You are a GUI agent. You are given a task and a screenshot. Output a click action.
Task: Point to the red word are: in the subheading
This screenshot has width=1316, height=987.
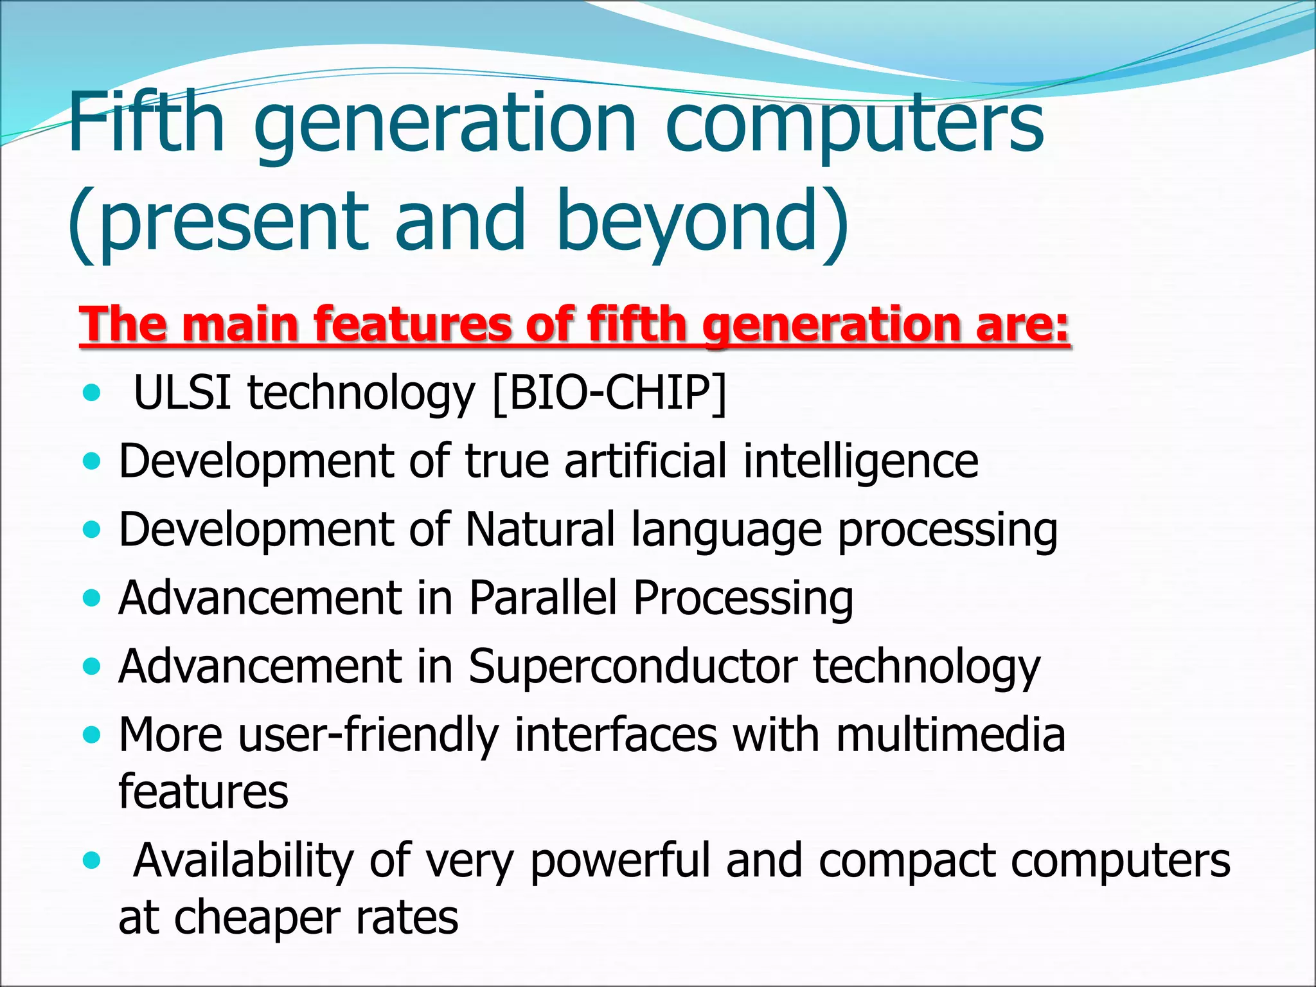point(1022,325)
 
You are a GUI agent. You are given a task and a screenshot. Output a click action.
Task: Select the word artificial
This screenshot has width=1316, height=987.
point(646,461)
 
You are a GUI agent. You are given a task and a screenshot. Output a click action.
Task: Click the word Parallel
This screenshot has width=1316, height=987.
point(542,598)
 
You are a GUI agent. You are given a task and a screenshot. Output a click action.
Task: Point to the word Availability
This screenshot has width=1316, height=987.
point(244,861)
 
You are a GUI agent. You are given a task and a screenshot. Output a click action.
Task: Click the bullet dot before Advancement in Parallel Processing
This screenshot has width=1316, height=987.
point(93,598)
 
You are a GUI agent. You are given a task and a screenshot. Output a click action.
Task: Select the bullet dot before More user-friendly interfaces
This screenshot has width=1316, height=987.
point(93,734)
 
